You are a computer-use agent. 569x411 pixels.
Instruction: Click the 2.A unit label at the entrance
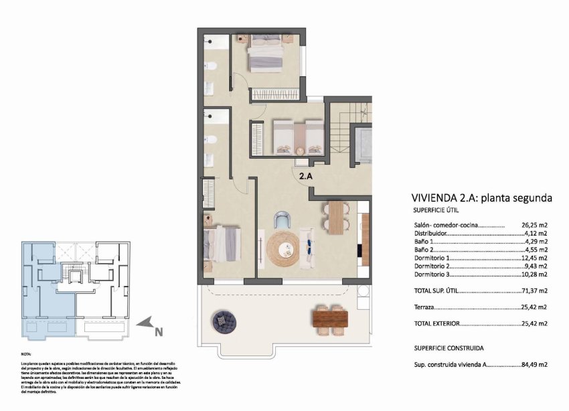pyautogui.click(x=306, y=177)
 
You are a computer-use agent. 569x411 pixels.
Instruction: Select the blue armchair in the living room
pyautogui.click(x=284, y=220)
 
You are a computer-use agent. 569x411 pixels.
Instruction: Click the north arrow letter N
pyautogui.click(x=159, y=330)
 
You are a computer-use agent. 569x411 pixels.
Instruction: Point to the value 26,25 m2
pyautogui.click(x=534, y=226)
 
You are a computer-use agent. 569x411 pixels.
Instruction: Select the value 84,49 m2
pyautogui.click(x=534, y=365)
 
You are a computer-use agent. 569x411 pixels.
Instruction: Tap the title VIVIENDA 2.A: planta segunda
pyautogui.click(x=481, y=198)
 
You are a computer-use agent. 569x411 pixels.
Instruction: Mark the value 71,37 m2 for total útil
pyautogui.click(x=534, y=291)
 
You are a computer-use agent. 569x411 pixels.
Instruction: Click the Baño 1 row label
pyautogui.click(x=424, y=242)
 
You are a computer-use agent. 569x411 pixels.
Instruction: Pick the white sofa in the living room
pyautogui.click(x=309, y=246)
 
